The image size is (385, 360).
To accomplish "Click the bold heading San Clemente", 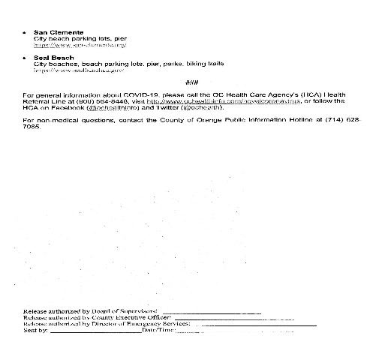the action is tap(53, 32).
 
